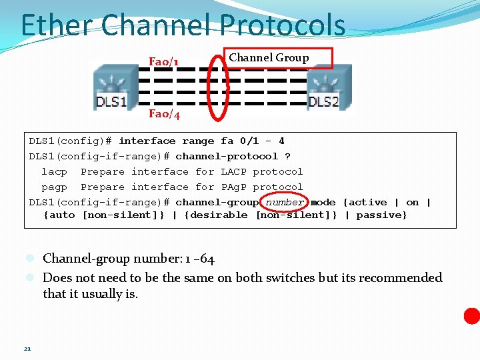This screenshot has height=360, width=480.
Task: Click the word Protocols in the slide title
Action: [x=279, y=25]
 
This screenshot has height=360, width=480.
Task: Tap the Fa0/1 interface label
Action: [x=163, y=62]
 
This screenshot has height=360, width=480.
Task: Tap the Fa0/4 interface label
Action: [x=164, y=114]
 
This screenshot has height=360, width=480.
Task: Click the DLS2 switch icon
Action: [x=329, y=87]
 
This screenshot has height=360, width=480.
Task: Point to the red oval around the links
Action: [x=217, y=87]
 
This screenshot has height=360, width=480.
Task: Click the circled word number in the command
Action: [x=285, y=202]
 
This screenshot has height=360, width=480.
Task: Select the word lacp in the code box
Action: [x=54, y=172]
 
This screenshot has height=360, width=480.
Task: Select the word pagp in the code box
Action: [x=54, y=187]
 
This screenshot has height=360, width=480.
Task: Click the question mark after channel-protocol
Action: [x=287, y=157]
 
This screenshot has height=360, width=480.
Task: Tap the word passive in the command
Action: [x=381, y=215]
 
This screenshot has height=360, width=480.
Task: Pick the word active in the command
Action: [x=368, y=202]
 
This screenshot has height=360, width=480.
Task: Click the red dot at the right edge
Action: [x=472, y=316]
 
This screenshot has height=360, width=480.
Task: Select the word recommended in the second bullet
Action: [x=399, y=277]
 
